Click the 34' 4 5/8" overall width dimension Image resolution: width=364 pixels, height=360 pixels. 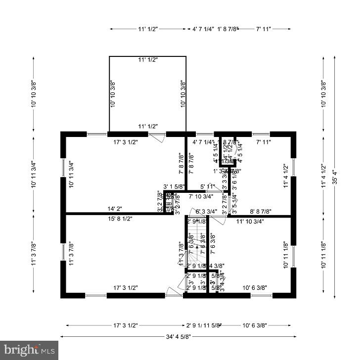[179, 337]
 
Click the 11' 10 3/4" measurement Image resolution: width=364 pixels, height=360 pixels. [250, 221]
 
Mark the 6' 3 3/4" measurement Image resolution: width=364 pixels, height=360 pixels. [207, 212]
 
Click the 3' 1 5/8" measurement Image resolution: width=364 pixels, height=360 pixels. [174, 186]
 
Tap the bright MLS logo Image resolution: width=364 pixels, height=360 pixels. [29, 350]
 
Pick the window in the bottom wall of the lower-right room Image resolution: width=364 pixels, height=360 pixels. [261, 295]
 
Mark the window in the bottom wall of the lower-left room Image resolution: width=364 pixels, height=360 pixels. [96, 295]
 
